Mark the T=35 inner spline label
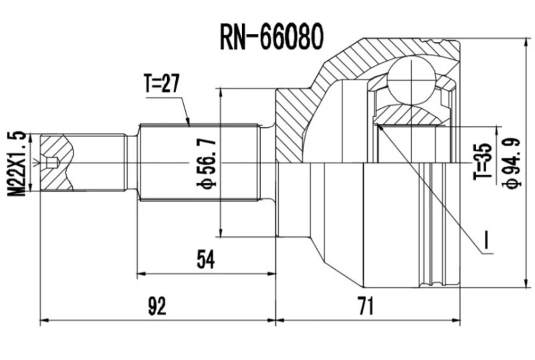(x=483, y=163)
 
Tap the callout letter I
(x=488, y=242)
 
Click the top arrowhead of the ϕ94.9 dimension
(x=528, y=41)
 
